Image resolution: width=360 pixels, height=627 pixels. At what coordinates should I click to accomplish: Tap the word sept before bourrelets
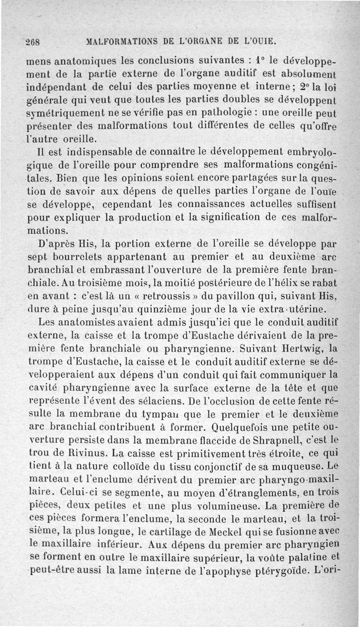(x=37, y=258)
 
